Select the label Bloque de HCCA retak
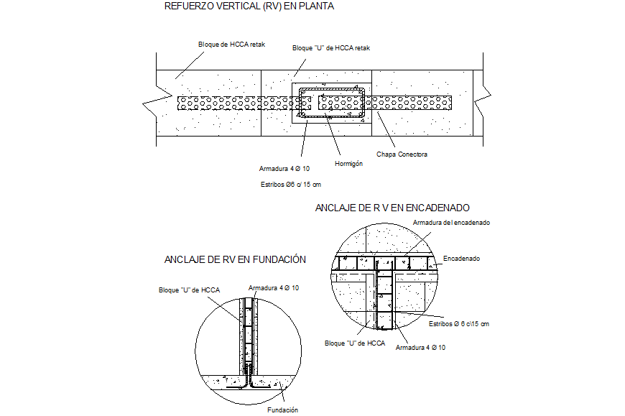[x=232, y=45]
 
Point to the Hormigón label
[x=348, y=164]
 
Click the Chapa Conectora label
[x=402, y=154]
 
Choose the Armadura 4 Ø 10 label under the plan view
[x=284, y=169]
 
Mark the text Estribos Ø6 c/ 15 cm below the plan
[x=290, y=185]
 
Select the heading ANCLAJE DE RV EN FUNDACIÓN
[x=235, y=259]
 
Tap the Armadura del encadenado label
[x=451, y=223]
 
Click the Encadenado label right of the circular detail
[x=461, y=258]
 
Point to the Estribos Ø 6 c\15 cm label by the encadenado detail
[x=459, y=324]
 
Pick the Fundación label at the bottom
[x=282, y=410]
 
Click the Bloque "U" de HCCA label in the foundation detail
[x=189, y=290]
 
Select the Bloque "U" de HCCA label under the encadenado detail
[x=355, y=343]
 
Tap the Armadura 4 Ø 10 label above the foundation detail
[x=274, y=288]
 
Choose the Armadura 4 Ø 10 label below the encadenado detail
[x=420, y=347]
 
